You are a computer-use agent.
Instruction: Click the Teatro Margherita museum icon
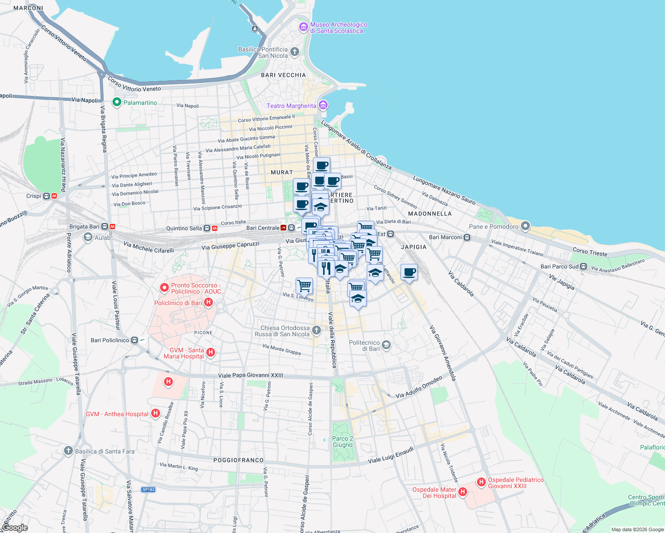click(323, 105)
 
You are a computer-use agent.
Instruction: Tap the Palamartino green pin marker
click(117, 103)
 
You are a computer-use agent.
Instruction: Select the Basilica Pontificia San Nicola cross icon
click(295, 52)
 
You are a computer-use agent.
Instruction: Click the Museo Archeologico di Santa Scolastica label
click(339, 28)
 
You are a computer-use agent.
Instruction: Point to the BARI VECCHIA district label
click(284, 75)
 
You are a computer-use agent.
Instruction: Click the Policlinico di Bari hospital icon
click(208, 303)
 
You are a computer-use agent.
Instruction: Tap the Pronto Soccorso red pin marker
click(164, 288)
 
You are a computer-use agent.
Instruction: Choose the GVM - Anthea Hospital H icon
click(156, 414)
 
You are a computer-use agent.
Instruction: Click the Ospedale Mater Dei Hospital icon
click(463, 492)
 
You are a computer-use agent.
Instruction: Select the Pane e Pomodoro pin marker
click(525, 226)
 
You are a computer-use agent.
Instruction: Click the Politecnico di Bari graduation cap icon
click(386, 345)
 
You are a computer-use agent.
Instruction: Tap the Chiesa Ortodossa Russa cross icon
click(316, 330)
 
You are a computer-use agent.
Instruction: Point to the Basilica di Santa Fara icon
click(68, 451)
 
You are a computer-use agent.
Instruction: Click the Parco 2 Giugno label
click(343, 442)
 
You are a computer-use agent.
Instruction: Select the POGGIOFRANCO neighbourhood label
click(239, 460)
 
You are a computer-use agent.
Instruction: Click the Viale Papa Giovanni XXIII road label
click(251, 375)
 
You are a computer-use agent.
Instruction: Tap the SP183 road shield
click(148, 489)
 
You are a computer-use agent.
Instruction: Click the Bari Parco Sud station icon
click(583, 266)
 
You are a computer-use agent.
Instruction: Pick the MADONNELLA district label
click(430, 214)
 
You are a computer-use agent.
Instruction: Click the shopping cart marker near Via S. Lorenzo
click(304, 286)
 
